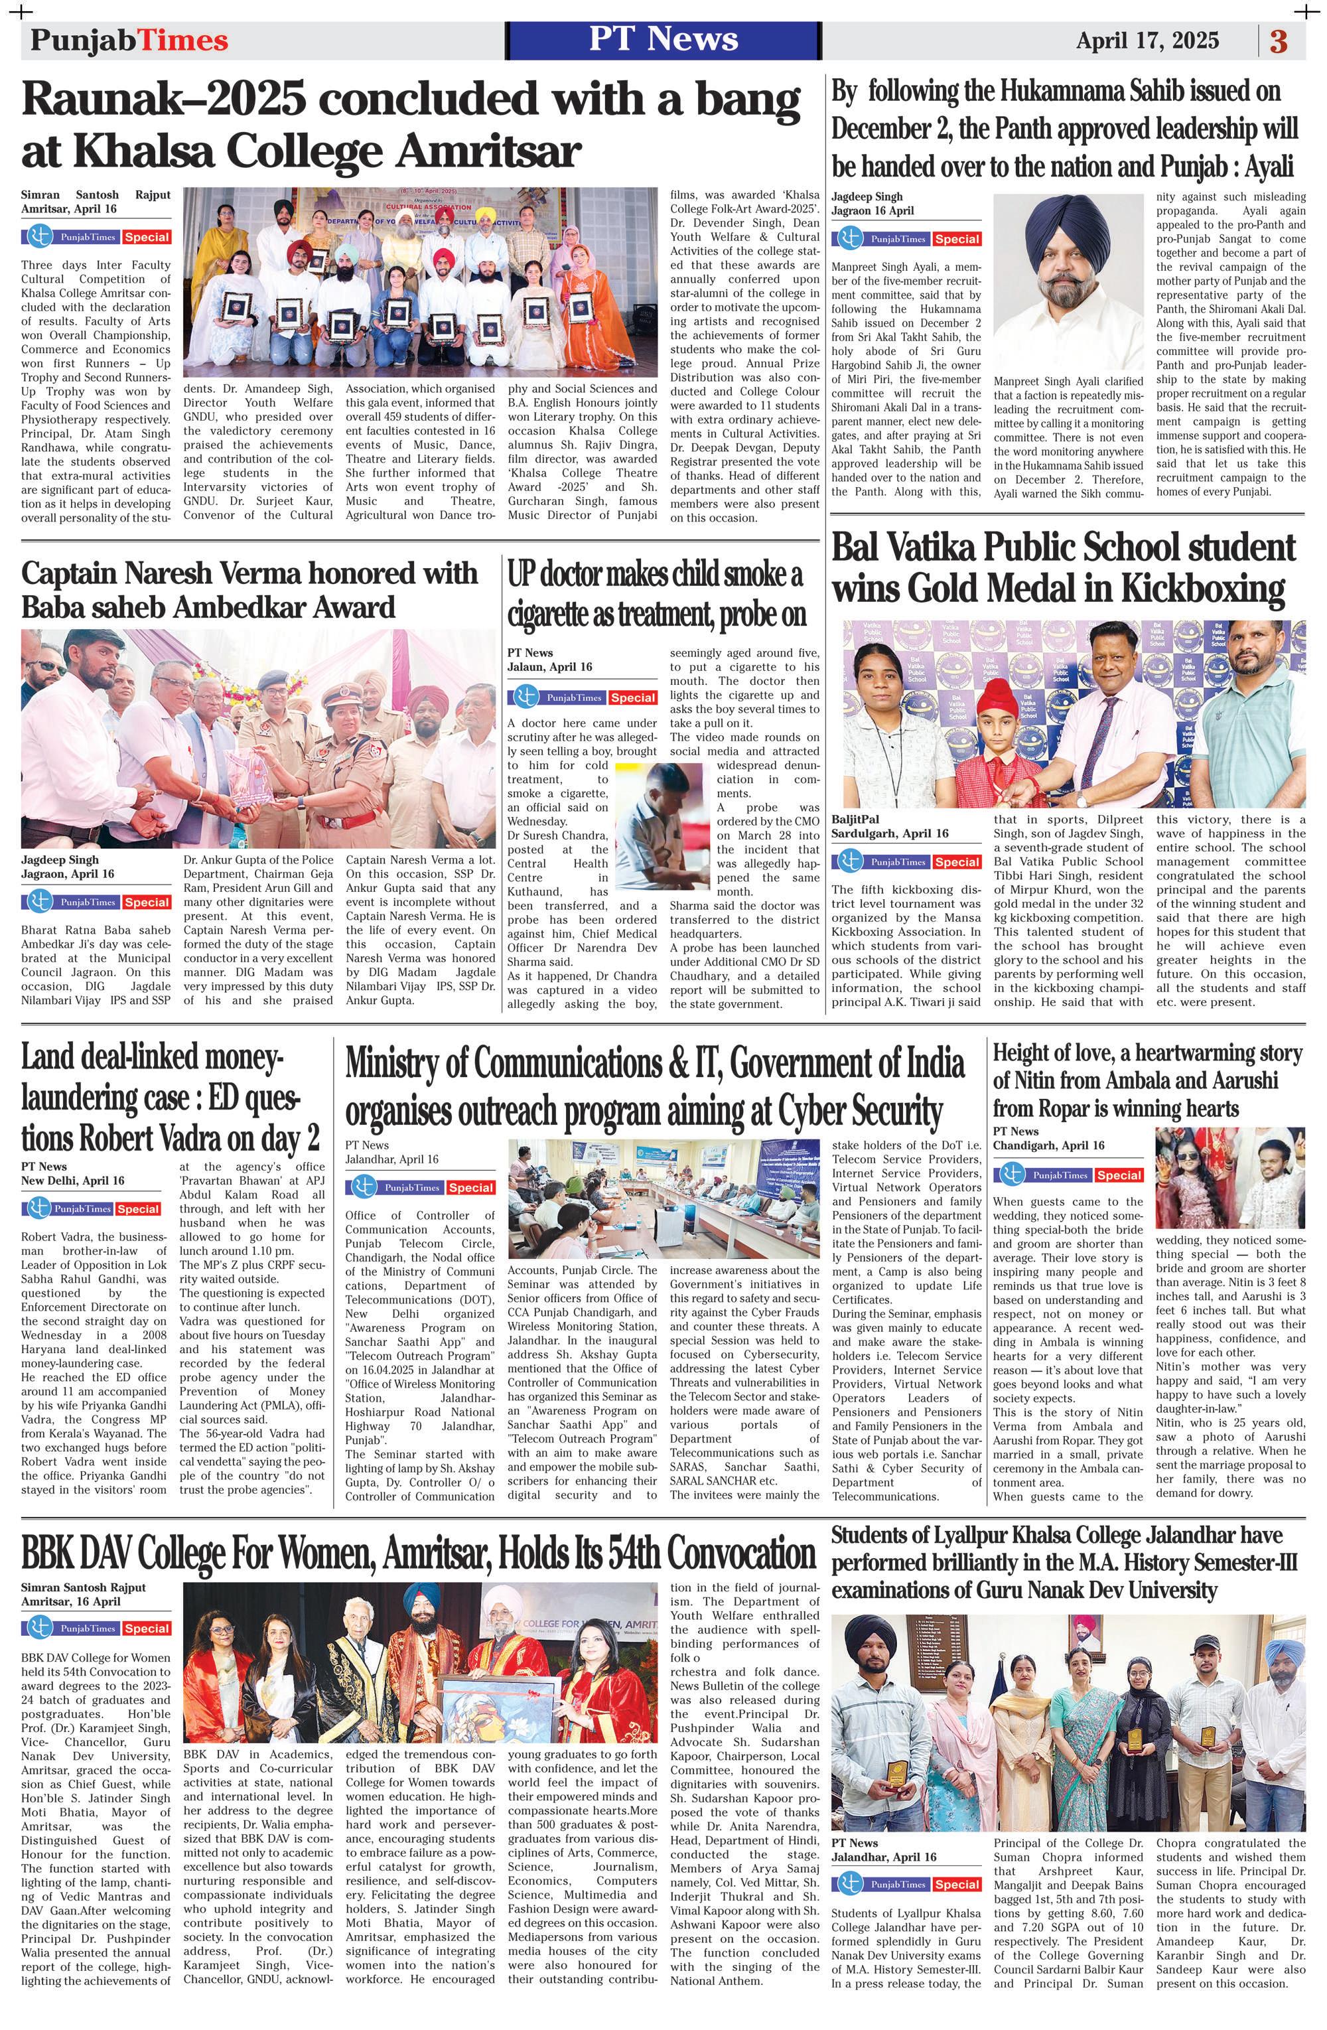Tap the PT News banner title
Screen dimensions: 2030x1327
[x=663, y=39]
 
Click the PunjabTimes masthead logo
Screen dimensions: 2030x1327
[x=129, y=41]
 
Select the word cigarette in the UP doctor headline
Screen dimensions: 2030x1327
[x=564, y=613]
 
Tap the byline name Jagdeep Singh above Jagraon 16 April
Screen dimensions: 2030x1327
[x=867, y=197]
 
